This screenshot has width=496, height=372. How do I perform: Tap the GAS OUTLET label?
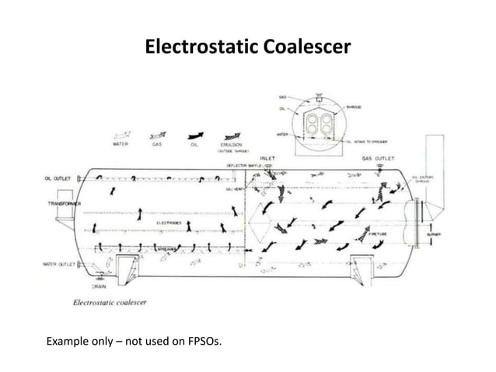pyautogui.click(x=378, y=158)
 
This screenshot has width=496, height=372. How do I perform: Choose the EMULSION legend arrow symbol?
pyautogui.click(x=231, y=135)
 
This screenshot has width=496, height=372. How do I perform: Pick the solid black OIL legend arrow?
pyautogui.click(x=194, y=135)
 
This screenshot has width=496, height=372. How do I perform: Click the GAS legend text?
pyautogui.click(x=158, y=145)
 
